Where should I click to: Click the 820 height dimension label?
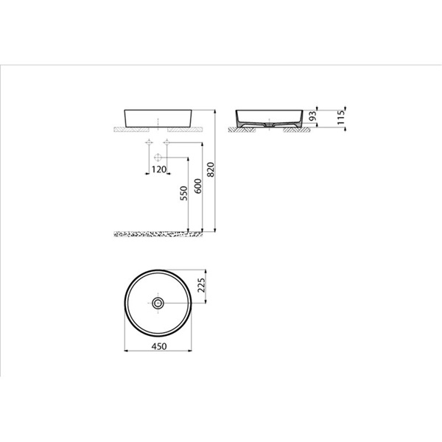[211, 169]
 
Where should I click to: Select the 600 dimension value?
[198, 186]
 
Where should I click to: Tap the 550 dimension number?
[183, 193]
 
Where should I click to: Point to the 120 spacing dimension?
[159, 169]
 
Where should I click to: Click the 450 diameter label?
[159, 346]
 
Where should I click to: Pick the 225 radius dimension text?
[200, 285]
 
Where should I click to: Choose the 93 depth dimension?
[312, 116]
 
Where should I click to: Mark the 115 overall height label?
[341, 118]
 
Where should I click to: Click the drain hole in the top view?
[158, 303]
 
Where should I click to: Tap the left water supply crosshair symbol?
[149, 142]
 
